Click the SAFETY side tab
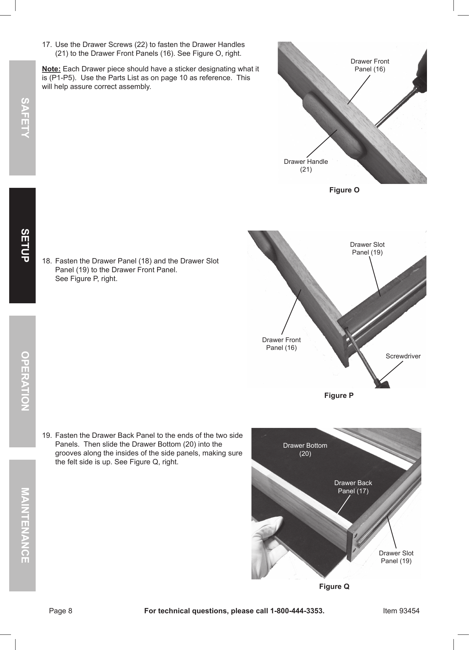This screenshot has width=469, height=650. (x=23, y=118)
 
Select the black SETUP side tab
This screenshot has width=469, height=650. (x=23, y=245)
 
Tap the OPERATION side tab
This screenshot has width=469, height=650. (x=23, y=381)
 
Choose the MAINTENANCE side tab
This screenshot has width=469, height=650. (x=23, y=525)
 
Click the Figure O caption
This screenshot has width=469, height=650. (x=344, y=190)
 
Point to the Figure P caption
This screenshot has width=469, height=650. (x=339, y=395)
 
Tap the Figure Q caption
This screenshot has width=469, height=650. (x=334, y=586)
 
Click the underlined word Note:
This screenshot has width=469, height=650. (x=51, y=68)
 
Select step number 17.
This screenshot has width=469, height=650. (x=47, y=45)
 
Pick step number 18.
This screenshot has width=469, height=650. (x=47, y=261)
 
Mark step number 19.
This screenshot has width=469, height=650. (x=47, y=435)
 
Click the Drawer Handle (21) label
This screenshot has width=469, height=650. (x=306, y=165)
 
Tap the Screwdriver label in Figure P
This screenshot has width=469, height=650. (x=403, y=356)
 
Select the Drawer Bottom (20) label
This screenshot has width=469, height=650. (x=305, y=449)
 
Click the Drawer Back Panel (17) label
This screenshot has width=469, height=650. (x=353, y=487)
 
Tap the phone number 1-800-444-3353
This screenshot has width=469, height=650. (x=297, y=611)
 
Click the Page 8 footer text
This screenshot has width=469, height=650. (x=60, y=611)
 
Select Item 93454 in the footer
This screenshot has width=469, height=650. (x=401, y=611)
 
